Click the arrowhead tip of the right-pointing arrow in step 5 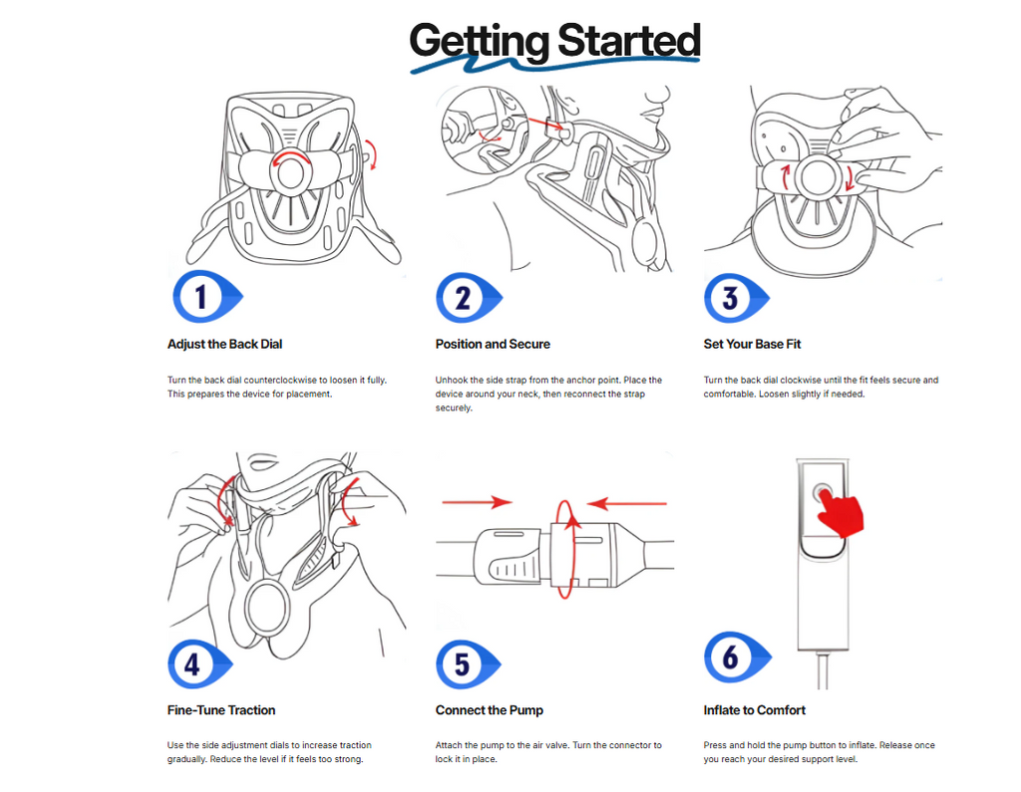tap(512, 502)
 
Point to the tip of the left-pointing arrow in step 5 tap(586, 504)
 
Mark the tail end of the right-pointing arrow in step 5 tap(442, 502)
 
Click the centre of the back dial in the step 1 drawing tap(290, 172)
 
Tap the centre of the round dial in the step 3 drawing tap(818, 177)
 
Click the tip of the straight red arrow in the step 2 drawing tap(562, 127)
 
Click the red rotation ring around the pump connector tap(566, 549)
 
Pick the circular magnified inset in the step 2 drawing tap(477, 131)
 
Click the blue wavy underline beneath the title tap(554, 64)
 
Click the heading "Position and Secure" tap(493, 345)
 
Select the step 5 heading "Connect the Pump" tap(489, 710)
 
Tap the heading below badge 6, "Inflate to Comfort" tap(754, 710)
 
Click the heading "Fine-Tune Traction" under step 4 tap(220, 710)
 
